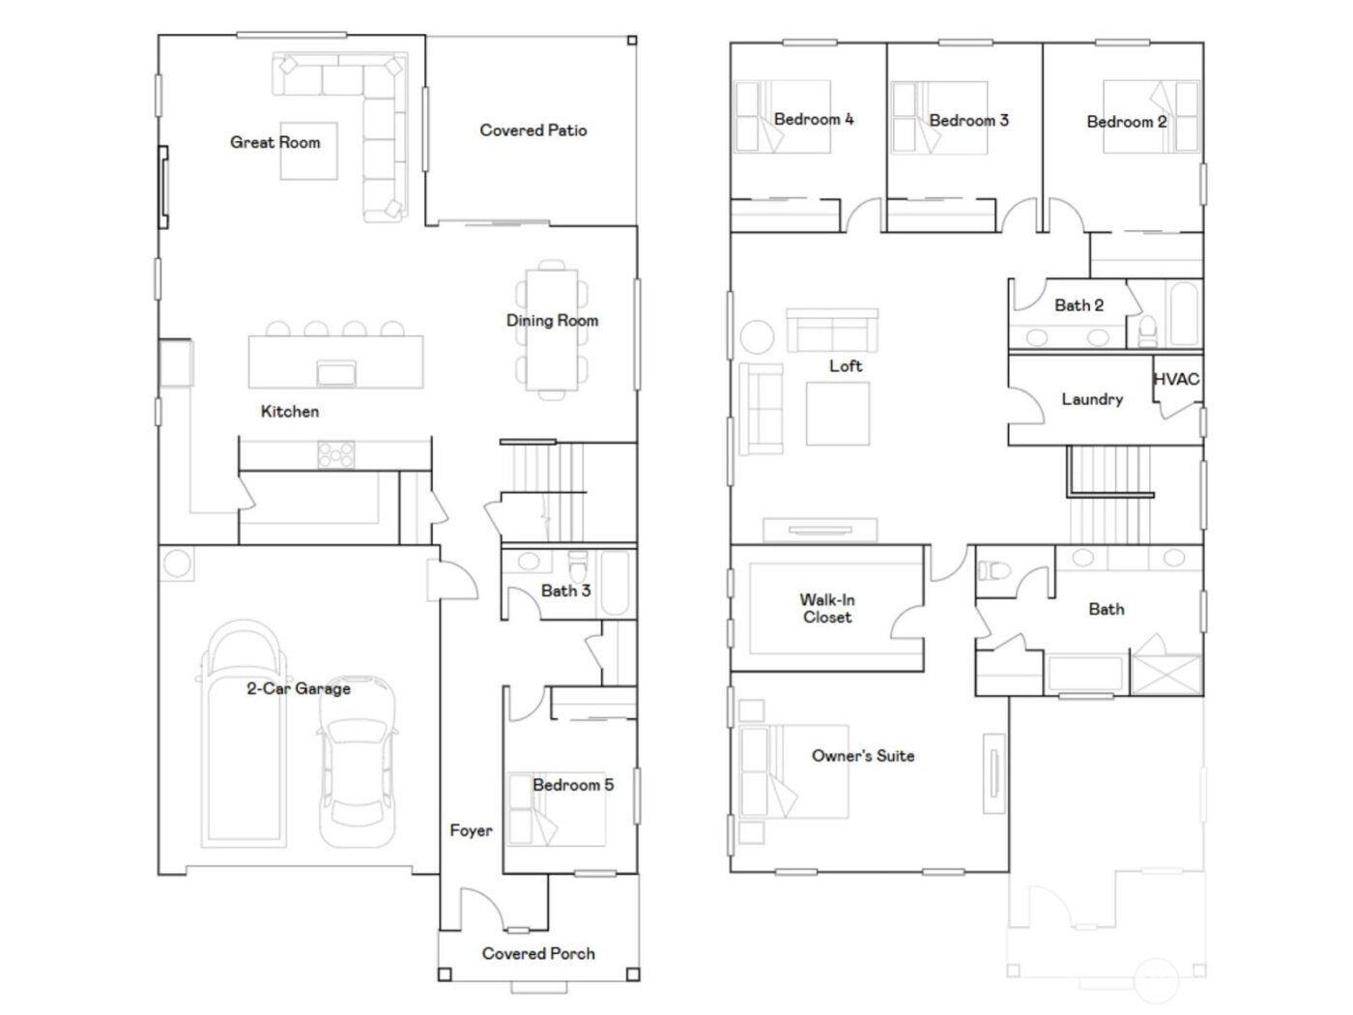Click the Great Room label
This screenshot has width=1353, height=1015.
pos(274,142)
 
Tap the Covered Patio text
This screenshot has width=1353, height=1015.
pos(533,130)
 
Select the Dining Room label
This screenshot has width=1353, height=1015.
pos(552,320)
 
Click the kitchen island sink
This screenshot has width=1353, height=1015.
pos(336,372)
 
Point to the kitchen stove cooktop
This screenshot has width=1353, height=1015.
pos(335,454)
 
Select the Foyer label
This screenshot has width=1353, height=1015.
pos(471,830)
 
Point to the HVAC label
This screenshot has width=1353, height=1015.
pos(1176,379)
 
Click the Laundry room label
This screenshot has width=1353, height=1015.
pos(1092,399)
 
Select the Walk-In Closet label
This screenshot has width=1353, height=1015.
pos(827,608)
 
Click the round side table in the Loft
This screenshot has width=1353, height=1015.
pos(757,337)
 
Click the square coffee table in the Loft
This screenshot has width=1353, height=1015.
pos(838,414)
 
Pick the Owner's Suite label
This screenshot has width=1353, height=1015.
pos(863,756)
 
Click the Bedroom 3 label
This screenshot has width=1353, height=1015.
pos(968,121)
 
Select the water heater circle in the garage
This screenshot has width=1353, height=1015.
pos(177,564)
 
